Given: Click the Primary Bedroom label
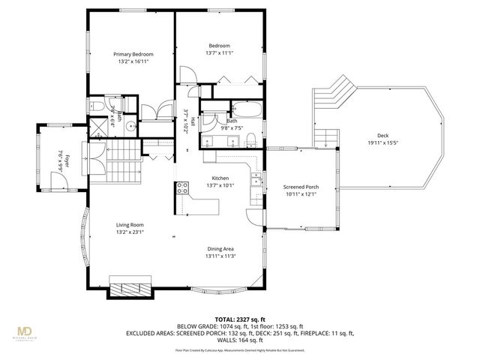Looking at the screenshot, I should point(133,54).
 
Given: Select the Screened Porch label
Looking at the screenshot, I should point(301,187).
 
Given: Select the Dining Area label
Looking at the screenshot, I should point(220,249).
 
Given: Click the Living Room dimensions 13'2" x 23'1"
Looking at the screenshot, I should point(130,232).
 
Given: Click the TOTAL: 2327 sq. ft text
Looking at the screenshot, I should point(235,319).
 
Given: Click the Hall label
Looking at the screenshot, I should point(193,121).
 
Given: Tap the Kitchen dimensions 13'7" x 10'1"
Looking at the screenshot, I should point(220,185).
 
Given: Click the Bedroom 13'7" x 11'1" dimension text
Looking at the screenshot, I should point(219,53).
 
